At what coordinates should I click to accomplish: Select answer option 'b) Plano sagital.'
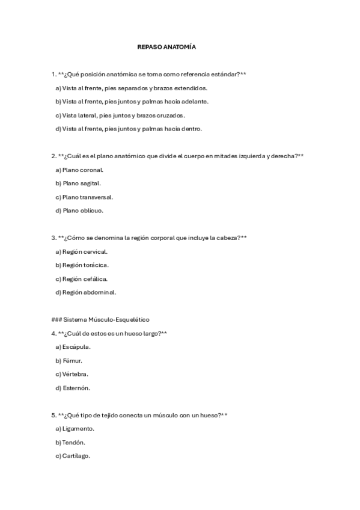click(x=78, y=183)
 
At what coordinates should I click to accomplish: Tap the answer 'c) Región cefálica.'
click(x=82, y=278)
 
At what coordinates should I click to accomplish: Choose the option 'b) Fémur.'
click(x=69, y=361)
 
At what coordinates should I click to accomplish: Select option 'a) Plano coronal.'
click(x=79, y=170)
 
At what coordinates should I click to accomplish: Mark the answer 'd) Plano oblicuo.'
click(x=79, y=210)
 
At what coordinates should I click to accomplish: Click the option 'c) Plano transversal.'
click(x=84, y=197)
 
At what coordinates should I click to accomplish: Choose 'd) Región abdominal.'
click(x=85, y=292)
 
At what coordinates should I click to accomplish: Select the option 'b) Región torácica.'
click(x=82, y=265)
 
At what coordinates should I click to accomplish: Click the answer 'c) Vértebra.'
click(x=72, y=374)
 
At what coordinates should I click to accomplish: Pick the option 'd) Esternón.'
click(x=73, y=388)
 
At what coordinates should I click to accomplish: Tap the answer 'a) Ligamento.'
click(x=75, y=429)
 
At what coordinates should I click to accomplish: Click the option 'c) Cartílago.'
click(x=73, y=456)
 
